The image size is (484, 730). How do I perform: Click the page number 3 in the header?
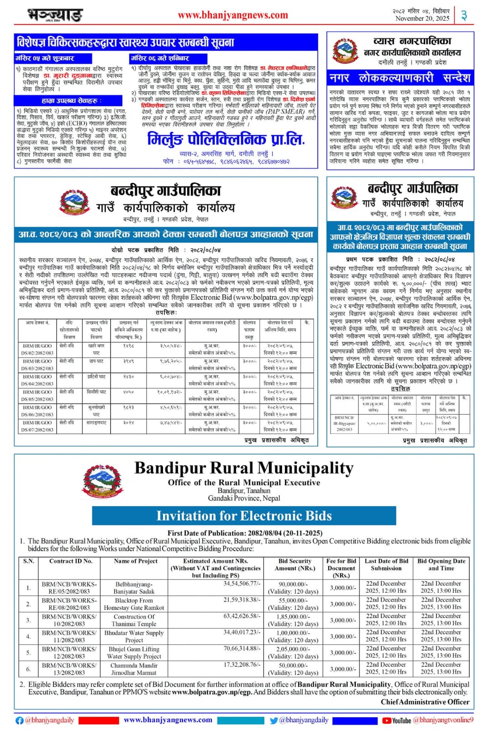[x=464, y=16]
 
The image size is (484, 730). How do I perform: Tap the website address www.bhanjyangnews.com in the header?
[x=233, y=15]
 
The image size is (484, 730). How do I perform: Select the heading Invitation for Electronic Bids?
[x=244, y=516]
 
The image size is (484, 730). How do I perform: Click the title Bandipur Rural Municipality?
[x=244, y=468]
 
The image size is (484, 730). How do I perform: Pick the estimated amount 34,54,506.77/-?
[x=242, y=584]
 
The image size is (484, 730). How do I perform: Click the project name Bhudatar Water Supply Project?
[x=134, y=636]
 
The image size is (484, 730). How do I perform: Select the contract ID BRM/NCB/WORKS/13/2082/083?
[x=69, y=669]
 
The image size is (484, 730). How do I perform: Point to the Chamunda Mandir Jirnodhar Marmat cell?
[x=134, y=669]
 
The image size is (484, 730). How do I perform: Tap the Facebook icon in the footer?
[x=20, y=720]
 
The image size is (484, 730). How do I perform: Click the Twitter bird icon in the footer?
[x=274, y=720]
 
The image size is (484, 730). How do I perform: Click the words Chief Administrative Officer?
[x=425, y=702]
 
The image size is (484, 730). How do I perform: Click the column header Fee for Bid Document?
[x=341, y=568]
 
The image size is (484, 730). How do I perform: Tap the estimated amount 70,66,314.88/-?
[x=242, y=648]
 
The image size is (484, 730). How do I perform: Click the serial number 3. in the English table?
[x=28, y=620]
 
